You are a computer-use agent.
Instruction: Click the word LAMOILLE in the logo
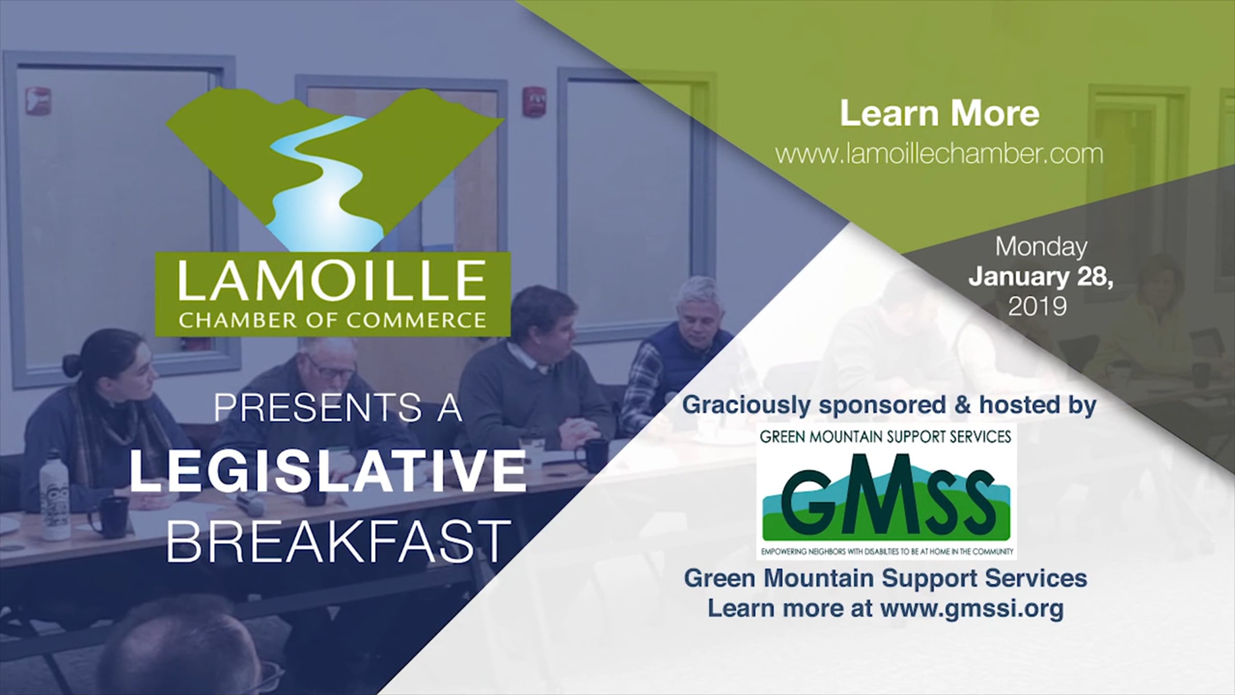click(x=332, y=281)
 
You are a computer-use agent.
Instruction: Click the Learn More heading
click(x=940, y=113)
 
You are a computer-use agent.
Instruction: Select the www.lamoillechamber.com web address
click(x=939, y=154)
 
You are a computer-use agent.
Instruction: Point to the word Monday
click(x=1041, y=247)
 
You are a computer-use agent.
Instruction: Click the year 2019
click(x=1037, y=307)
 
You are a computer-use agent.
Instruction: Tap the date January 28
click(x=1041, y=277)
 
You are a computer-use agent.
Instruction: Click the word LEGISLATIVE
click(x=328, y=471)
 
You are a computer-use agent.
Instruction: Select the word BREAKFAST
click(x=338, y=541)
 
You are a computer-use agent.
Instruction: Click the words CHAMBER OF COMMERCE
click(x=332, y=320)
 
